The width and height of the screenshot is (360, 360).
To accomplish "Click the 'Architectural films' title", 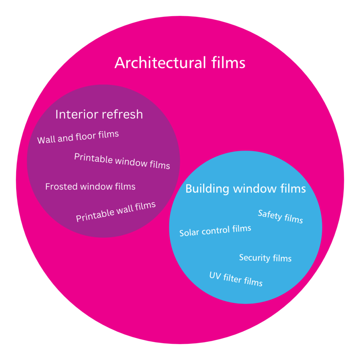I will point(180,63).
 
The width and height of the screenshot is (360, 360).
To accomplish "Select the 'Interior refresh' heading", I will point(99,114).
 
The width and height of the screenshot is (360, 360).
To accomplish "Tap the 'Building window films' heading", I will point(245,188).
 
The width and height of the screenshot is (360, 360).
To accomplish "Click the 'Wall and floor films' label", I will point(78,137).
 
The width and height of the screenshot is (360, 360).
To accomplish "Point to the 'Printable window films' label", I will point(122,161).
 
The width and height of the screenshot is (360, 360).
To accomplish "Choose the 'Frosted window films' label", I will point(90,186).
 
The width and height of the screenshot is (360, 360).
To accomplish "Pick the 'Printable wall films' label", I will point(116,212).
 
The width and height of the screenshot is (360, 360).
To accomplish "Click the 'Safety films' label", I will point(280,216).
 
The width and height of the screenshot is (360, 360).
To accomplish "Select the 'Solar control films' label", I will point(215,231).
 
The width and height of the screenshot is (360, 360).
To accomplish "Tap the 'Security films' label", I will point(265,258).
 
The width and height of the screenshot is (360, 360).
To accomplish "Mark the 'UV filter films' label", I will point(236,279).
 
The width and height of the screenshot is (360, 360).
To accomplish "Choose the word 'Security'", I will point(254,257).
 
